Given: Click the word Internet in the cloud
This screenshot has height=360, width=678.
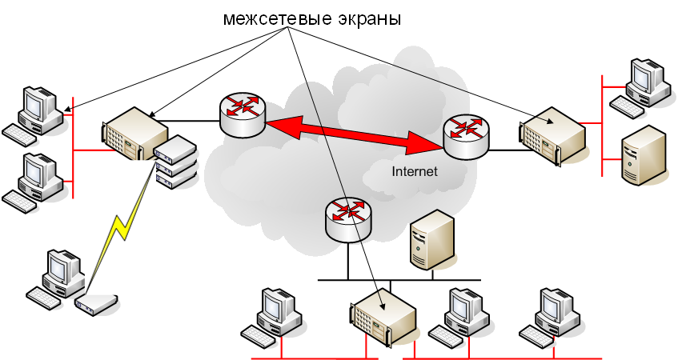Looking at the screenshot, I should point(415,171).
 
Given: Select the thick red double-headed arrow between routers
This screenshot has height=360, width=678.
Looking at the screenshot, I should point(353,134).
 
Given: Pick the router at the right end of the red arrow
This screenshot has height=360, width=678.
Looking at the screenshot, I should point(465,136).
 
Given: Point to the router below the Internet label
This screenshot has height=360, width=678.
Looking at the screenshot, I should point(349,218).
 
